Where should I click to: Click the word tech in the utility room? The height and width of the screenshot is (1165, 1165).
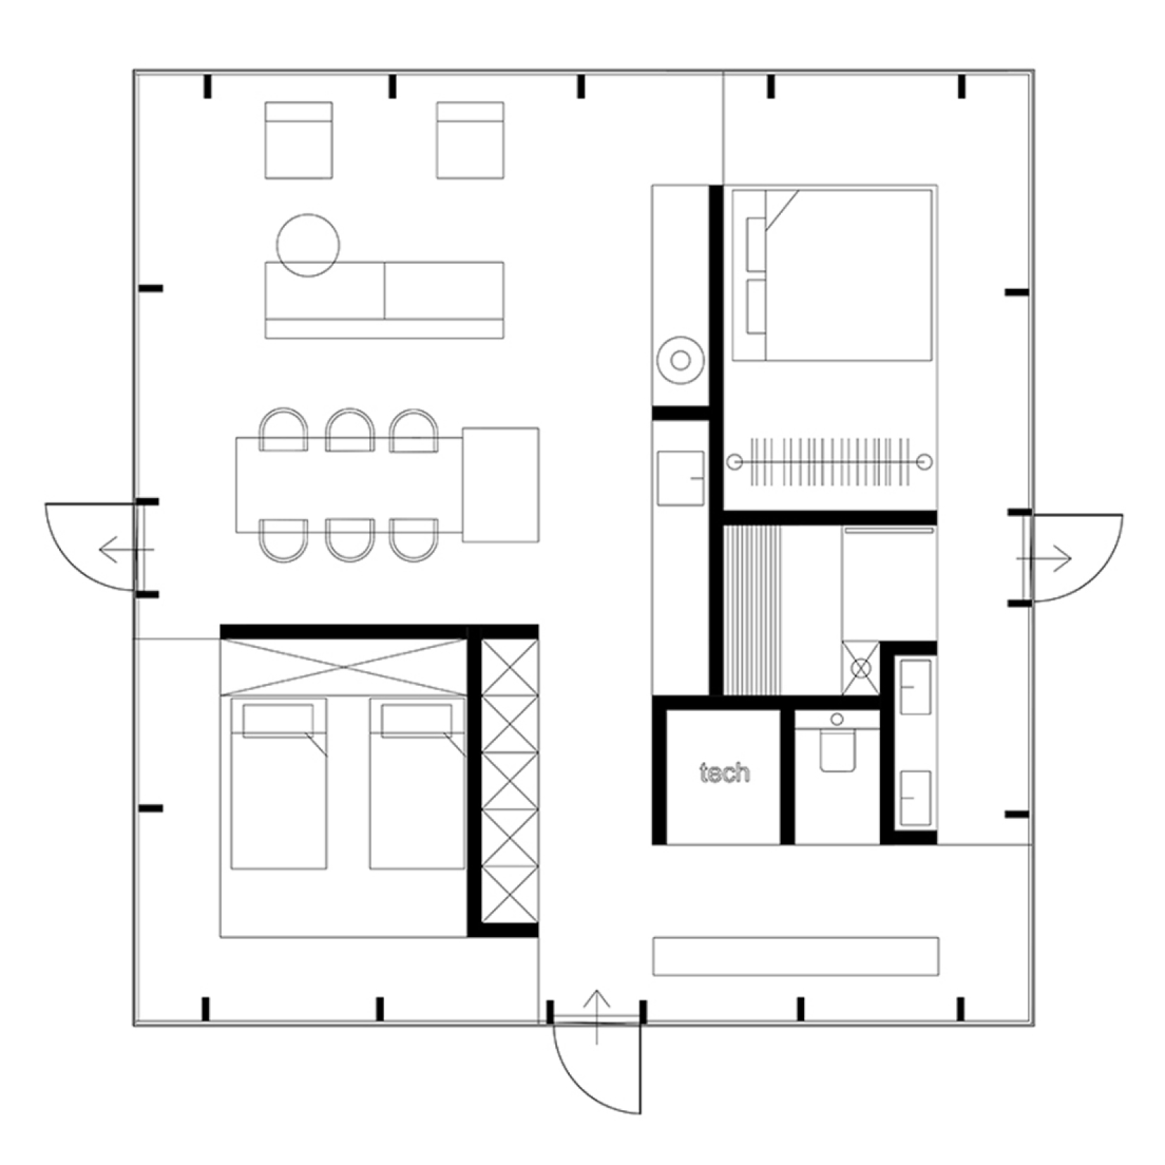click(724, 772)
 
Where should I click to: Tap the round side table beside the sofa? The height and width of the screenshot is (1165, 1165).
click(308, 245)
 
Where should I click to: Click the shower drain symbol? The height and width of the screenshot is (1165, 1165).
click(861, 668)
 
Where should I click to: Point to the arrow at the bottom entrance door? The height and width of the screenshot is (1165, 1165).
click(597, 1017)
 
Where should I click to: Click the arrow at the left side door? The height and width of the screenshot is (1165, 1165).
click(127, 549)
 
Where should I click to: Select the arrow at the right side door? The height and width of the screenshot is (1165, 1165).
click(1044, 559)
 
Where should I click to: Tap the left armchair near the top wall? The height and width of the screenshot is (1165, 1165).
click(299, 140)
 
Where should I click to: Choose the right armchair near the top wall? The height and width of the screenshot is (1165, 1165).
click(470, 140)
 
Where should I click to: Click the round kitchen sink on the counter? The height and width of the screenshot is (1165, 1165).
click(680, 360)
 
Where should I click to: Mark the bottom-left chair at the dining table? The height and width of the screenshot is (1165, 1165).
click(284, 540)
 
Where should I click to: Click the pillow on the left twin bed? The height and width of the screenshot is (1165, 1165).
click(279, 720)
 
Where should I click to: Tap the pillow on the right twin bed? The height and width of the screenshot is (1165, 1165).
click(417, 720)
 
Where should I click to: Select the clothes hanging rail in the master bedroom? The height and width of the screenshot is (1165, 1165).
click(830, 462)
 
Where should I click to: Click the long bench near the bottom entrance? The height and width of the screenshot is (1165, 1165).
click(796, 956)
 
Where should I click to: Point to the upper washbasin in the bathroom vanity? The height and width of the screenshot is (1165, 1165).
click(916, 687)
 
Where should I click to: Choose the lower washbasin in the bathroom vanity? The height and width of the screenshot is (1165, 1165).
click(916, 798)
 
